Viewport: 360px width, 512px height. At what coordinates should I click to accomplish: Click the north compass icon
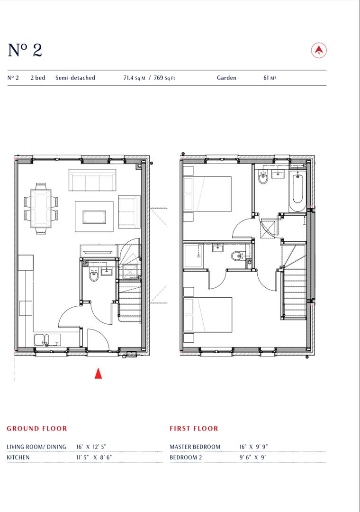click(x=319, y=50)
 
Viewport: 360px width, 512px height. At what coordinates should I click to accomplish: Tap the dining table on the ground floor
click(x=41, y=208)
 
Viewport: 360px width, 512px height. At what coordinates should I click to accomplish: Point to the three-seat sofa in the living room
click(x=92, y=180)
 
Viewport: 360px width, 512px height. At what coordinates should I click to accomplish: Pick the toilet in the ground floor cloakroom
click(x=94, y=275)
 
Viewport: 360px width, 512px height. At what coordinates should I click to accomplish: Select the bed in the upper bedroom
click(x=208, y=194)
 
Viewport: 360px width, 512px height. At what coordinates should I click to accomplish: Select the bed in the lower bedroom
click(x=208, y=315)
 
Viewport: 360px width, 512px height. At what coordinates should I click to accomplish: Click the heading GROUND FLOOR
click(x=37, y=429)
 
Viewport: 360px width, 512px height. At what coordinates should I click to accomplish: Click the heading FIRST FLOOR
click(x=194, y=429)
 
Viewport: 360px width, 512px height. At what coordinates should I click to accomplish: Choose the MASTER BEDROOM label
click(x=195, y=447)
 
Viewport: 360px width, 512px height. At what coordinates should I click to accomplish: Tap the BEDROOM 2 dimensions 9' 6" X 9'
click(x=253, y=458)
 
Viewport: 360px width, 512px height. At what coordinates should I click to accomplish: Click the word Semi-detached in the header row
click(x=75, y=78)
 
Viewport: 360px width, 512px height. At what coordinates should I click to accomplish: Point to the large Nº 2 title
click(x=25, y=50)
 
